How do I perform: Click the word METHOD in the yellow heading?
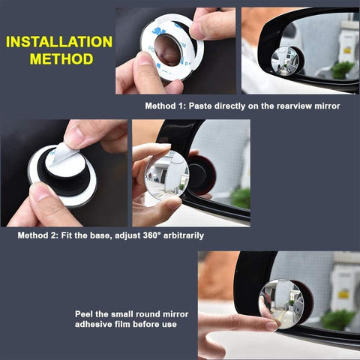click(x=59, y=58)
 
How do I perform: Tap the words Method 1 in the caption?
click(x=166, y=106)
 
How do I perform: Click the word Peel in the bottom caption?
click(x=84, y=313)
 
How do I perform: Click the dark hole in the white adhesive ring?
click(x=169, y=50)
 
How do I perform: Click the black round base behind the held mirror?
click(x=200, y=175)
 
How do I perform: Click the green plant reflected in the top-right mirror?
click(x=342, y=69)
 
